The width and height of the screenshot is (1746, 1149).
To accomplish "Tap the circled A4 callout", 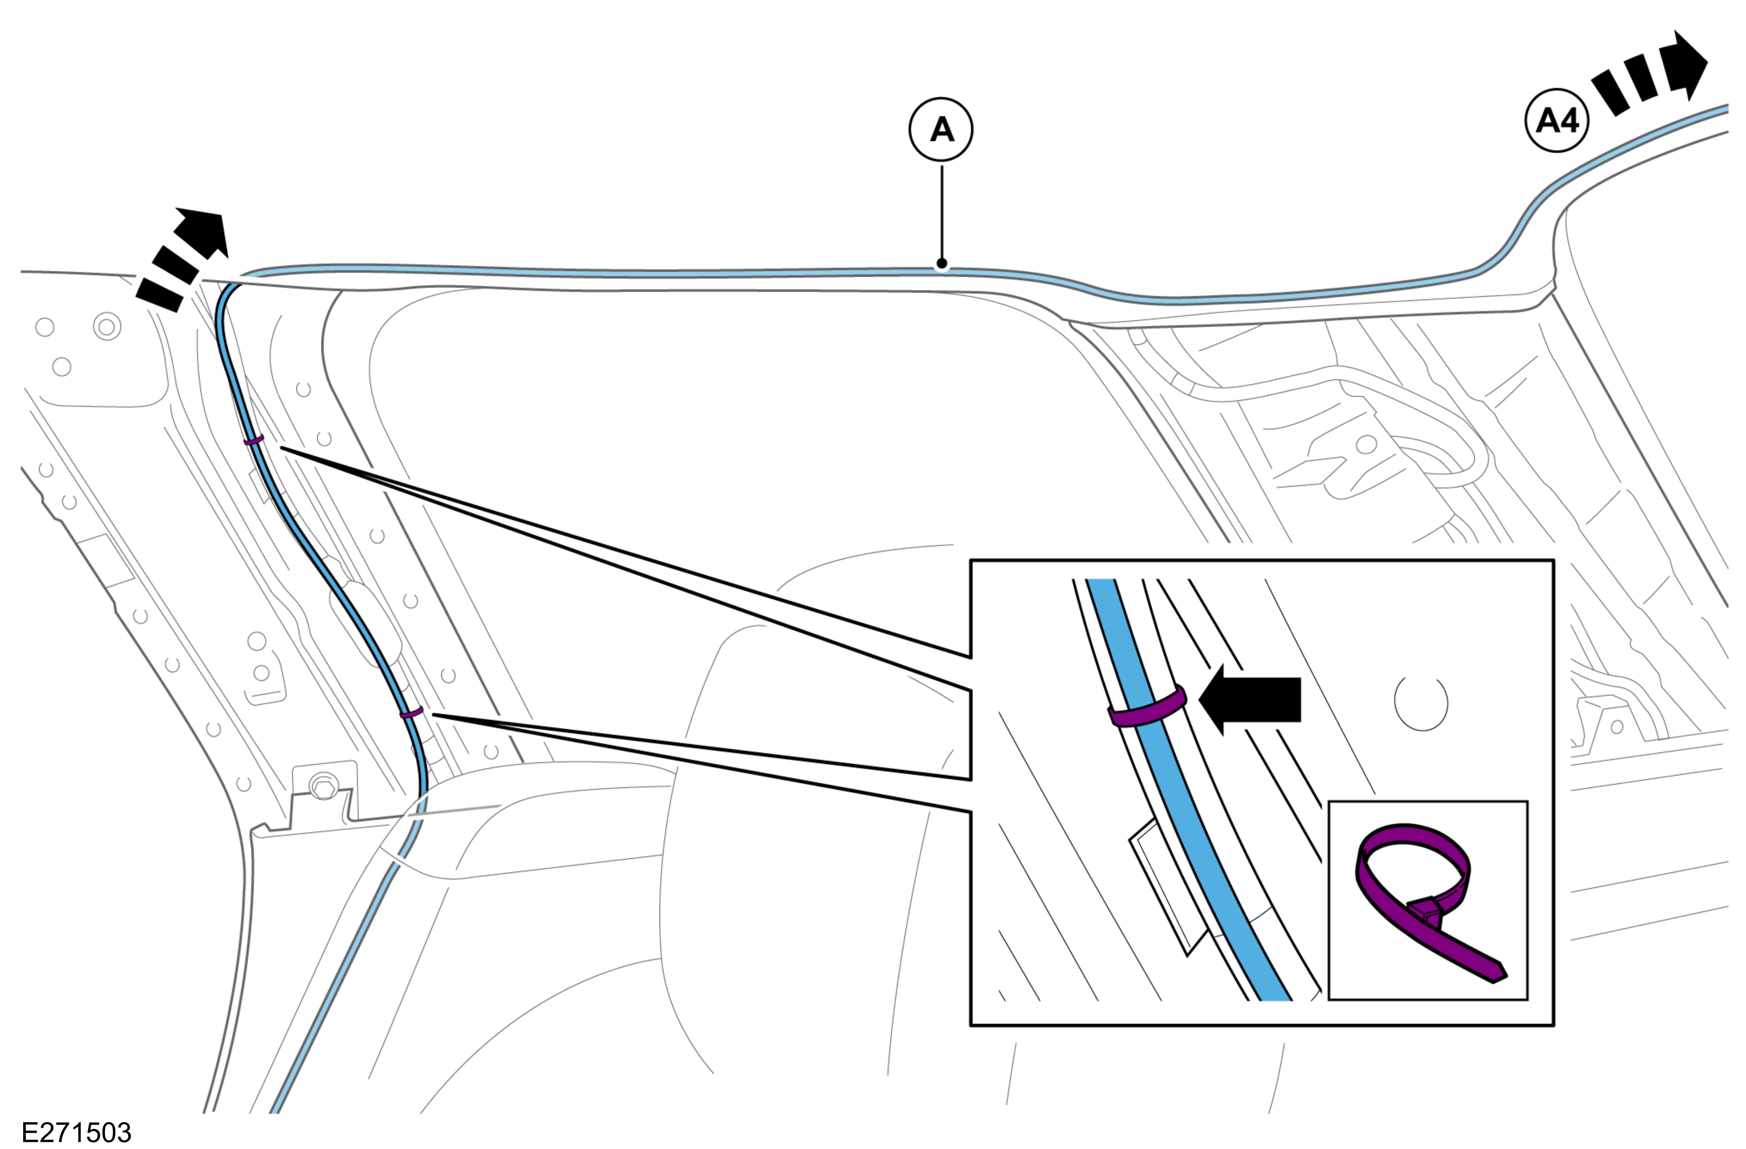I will click(1557, 120).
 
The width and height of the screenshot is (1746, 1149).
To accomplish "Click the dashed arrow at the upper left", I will click(184, 257).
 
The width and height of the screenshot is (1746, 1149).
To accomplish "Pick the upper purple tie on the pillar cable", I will click(254, 440).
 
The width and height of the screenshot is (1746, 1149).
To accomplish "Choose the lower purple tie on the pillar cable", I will click(412, 712).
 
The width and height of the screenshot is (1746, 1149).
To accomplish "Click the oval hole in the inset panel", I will click(1421, 703).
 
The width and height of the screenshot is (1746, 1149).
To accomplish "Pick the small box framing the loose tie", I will click(1428, 901).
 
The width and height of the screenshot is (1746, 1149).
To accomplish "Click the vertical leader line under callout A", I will click(942, 213).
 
